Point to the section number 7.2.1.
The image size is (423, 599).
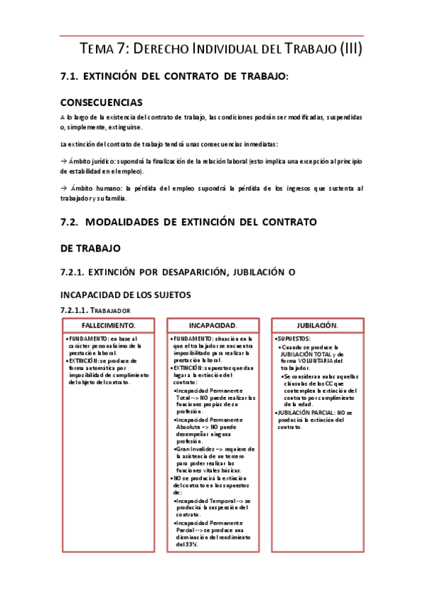(76, 272)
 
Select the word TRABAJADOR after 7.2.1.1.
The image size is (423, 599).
(109, 310)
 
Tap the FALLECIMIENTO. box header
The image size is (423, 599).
(109, 326)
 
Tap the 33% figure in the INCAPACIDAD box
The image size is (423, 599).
(191, 545)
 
